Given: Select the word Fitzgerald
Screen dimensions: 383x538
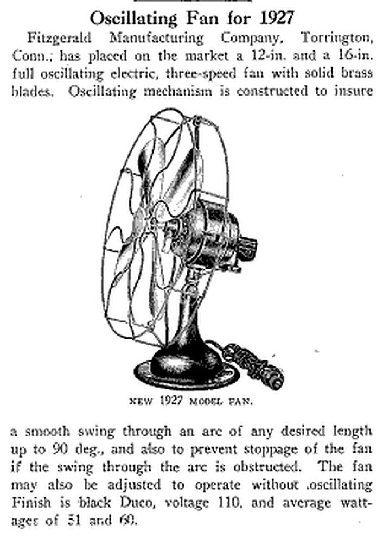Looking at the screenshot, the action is point(59,38).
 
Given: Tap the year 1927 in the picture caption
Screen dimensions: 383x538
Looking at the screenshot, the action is point(170,401).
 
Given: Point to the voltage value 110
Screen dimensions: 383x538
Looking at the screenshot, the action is point(228,503).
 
